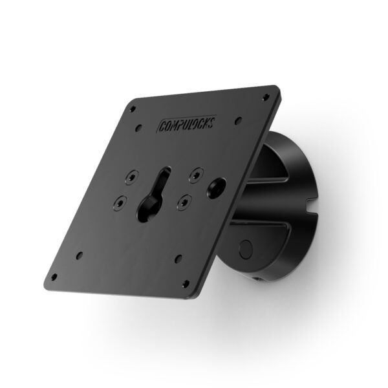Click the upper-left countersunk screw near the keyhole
[x=133, y=176]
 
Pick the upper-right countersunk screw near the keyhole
[x=194, y=173]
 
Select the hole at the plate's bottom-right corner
[x=186, y=283]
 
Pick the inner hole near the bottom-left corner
[x=79, y=254]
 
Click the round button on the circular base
[x=246, y=248]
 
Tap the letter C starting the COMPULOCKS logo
[x=162, y=124]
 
